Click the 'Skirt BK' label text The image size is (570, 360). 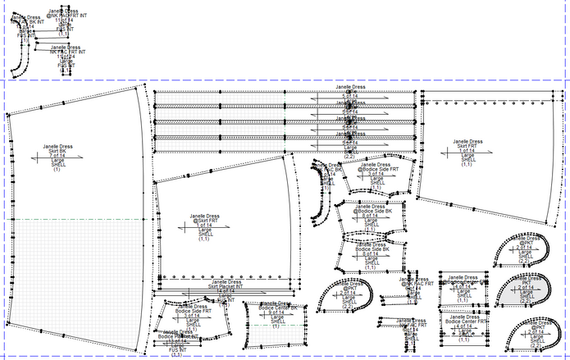tap(57, 151)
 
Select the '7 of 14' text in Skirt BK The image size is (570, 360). tap(57, 156)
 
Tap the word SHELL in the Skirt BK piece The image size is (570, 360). tap(57, 165)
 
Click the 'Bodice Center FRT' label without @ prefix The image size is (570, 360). tap(466, 321)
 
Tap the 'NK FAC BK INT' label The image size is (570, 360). tap(23, 21)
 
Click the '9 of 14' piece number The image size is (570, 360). tap(276, 312)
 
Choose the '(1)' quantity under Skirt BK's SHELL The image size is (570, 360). tap(57, 170)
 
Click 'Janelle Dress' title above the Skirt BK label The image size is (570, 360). tap(57, 146)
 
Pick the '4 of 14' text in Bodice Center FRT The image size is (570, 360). tap(465, 326)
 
